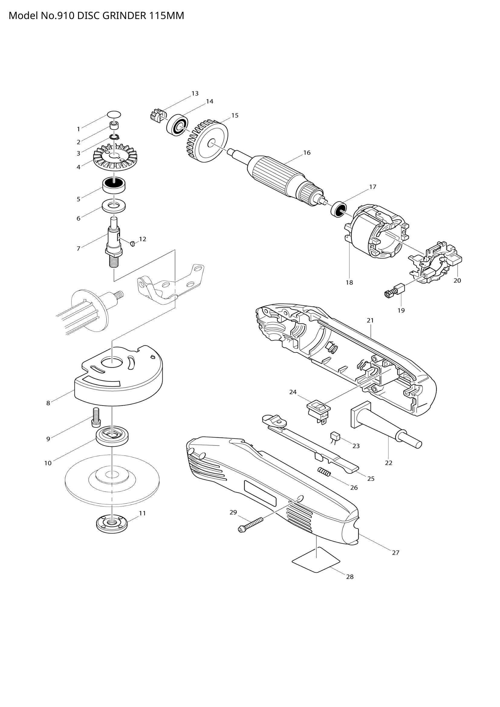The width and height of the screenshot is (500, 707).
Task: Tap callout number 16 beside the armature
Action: pos(307,153)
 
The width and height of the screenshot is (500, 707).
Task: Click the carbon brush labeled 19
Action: pos(395,291)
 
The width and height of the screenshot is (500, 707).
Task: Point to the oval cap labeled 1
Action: pos(114,115)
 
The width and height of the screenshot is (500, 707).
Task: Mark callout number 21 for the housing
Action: pos(370,320)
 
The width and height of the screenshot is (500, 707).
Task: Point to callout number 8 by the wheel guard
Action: pos(48,403)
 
